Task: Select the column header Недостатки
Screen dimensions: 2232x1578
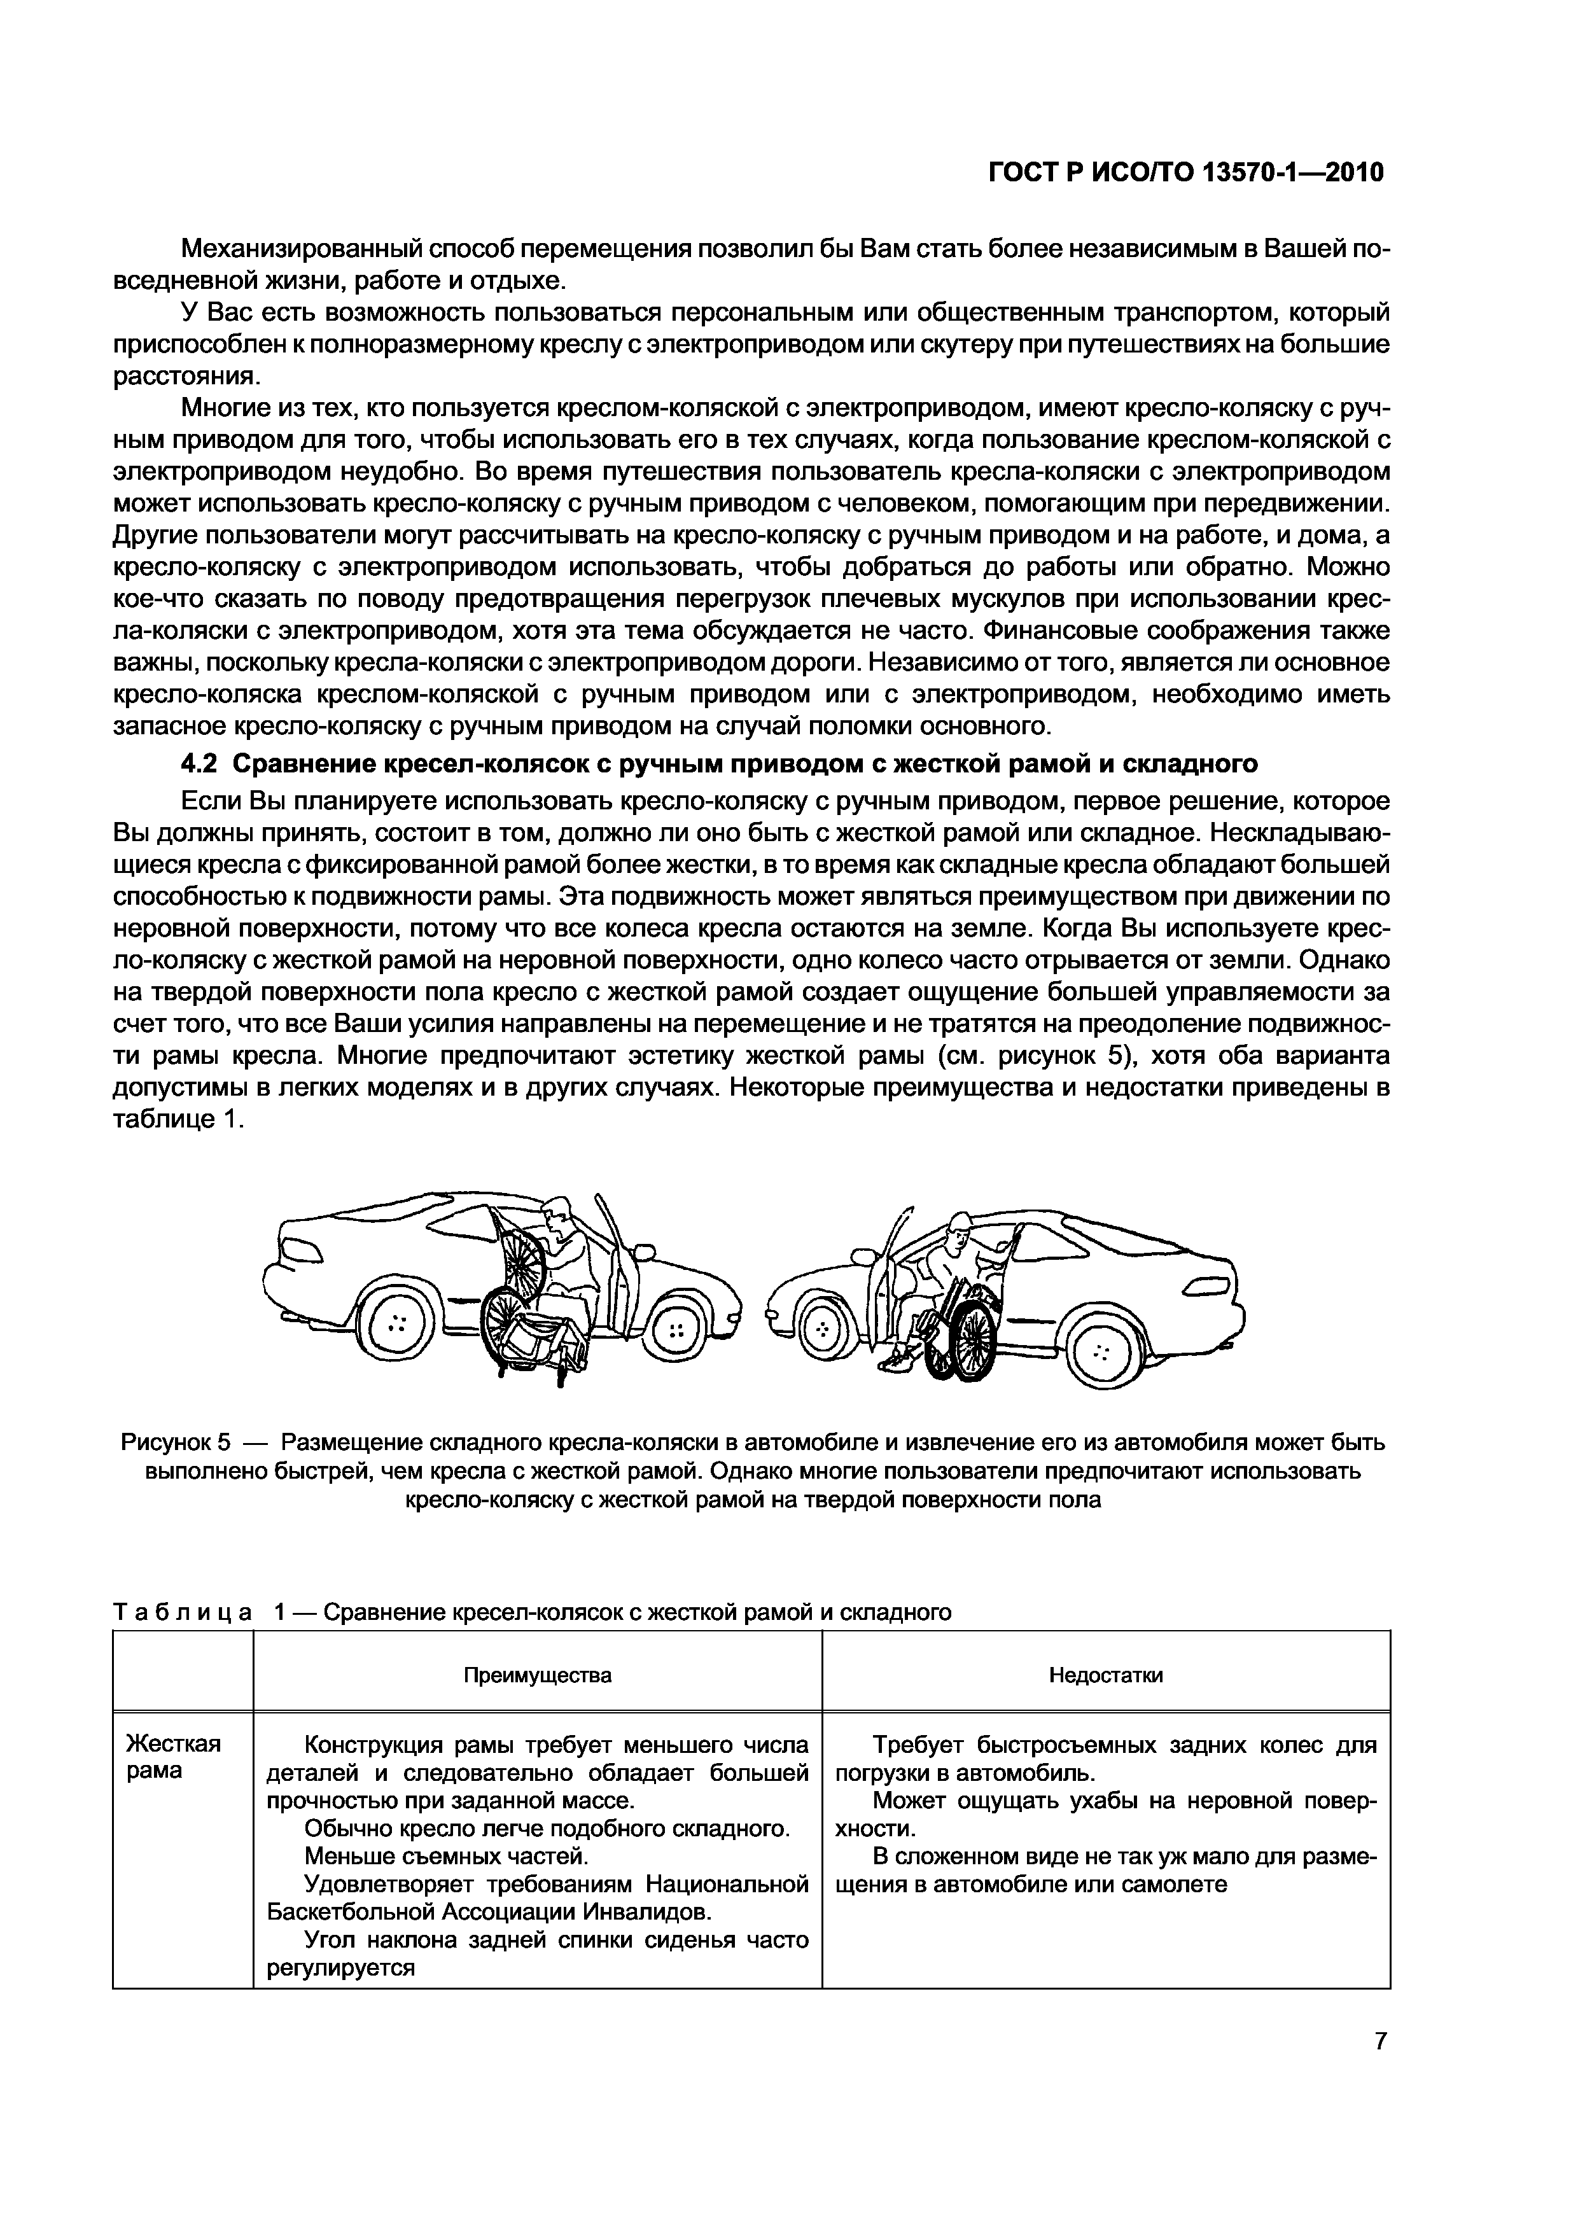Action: tap(1105, 1675)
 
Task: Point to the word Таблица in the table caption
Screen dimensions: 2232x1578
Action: tap(183, 1613)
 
